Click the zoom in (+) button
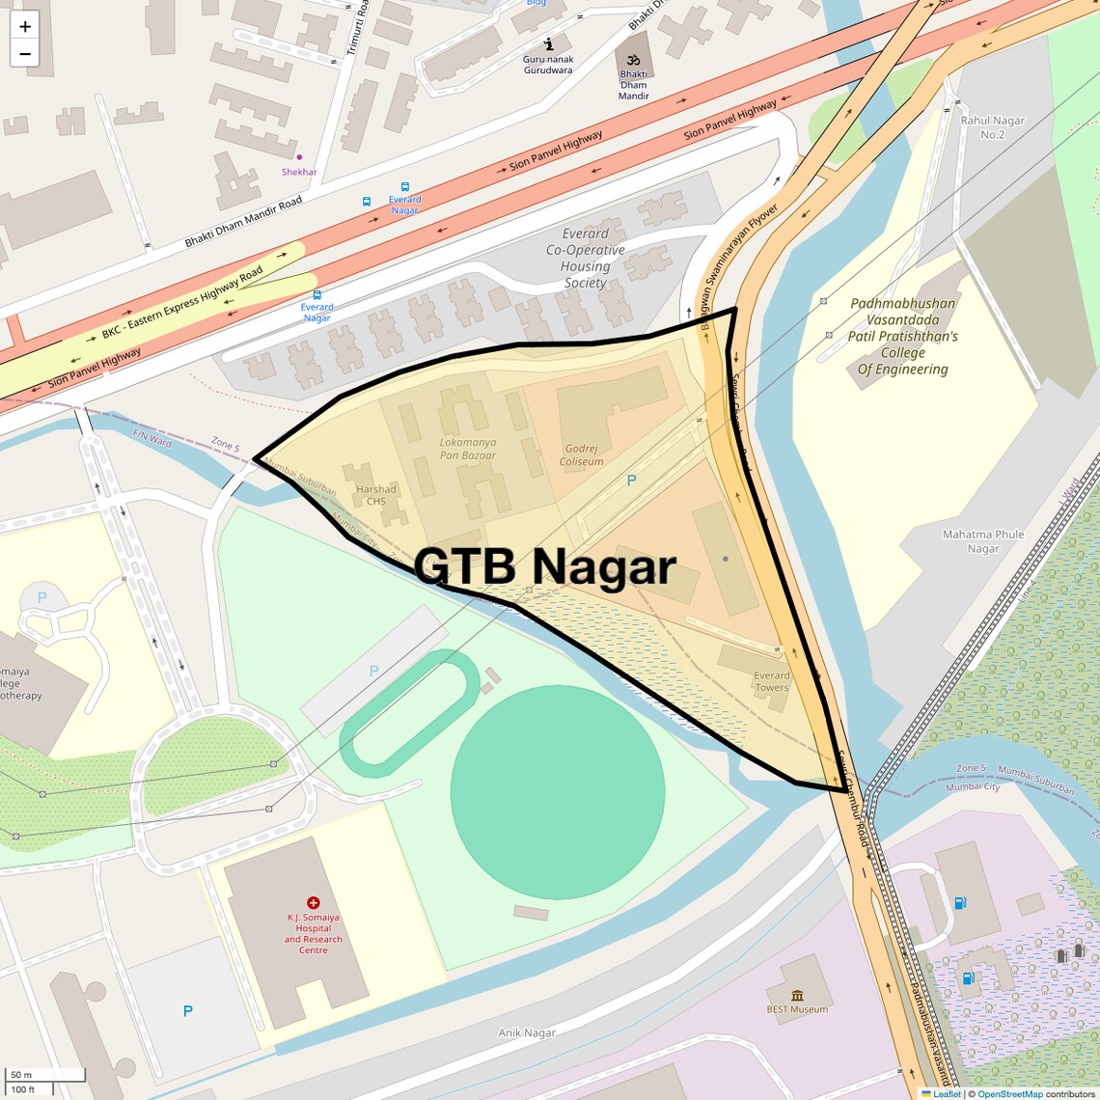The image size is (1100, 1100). (x=25, y=26)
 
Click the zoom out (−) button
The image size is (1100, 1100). (x=25, y=54)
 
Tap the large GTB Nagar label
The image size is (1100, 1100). (x=545, y=566)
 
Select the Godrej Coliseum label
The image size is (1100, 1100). (x=581, y=455)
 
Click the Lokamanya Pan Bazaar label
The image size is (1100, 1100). (x=468, y=449)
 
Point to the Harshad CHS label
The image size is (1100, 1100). (x=376, y=495)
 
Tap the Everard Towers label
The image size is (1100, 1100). (x=771, y=681)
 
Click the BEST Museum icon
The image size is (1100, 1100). (x=797, y=995)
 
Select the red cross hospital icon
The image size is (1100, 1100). (x=313, y=902)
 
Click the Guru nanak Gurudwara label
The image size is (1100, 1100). (x=548, y=65)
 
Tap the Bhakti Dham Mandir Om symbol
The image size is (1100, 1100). (x=634, y=60)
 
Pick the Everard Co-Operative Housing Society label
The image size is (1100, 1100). (x=586, y=258)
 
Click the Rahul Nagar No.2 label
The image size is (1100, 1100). (x=992, y=127)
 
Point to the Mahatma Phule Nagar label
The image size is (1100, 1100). (x=983, y=541)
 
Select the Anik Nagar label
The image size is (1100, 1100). (x=527, y=1032)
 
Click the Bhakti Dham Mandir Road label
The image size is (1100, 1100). (x=244, y=222)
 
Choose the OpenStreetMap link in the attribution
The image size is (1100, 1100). (x=1009, y=1094)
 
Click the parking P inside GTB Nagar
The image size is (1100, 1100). (x=632, y=480)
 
